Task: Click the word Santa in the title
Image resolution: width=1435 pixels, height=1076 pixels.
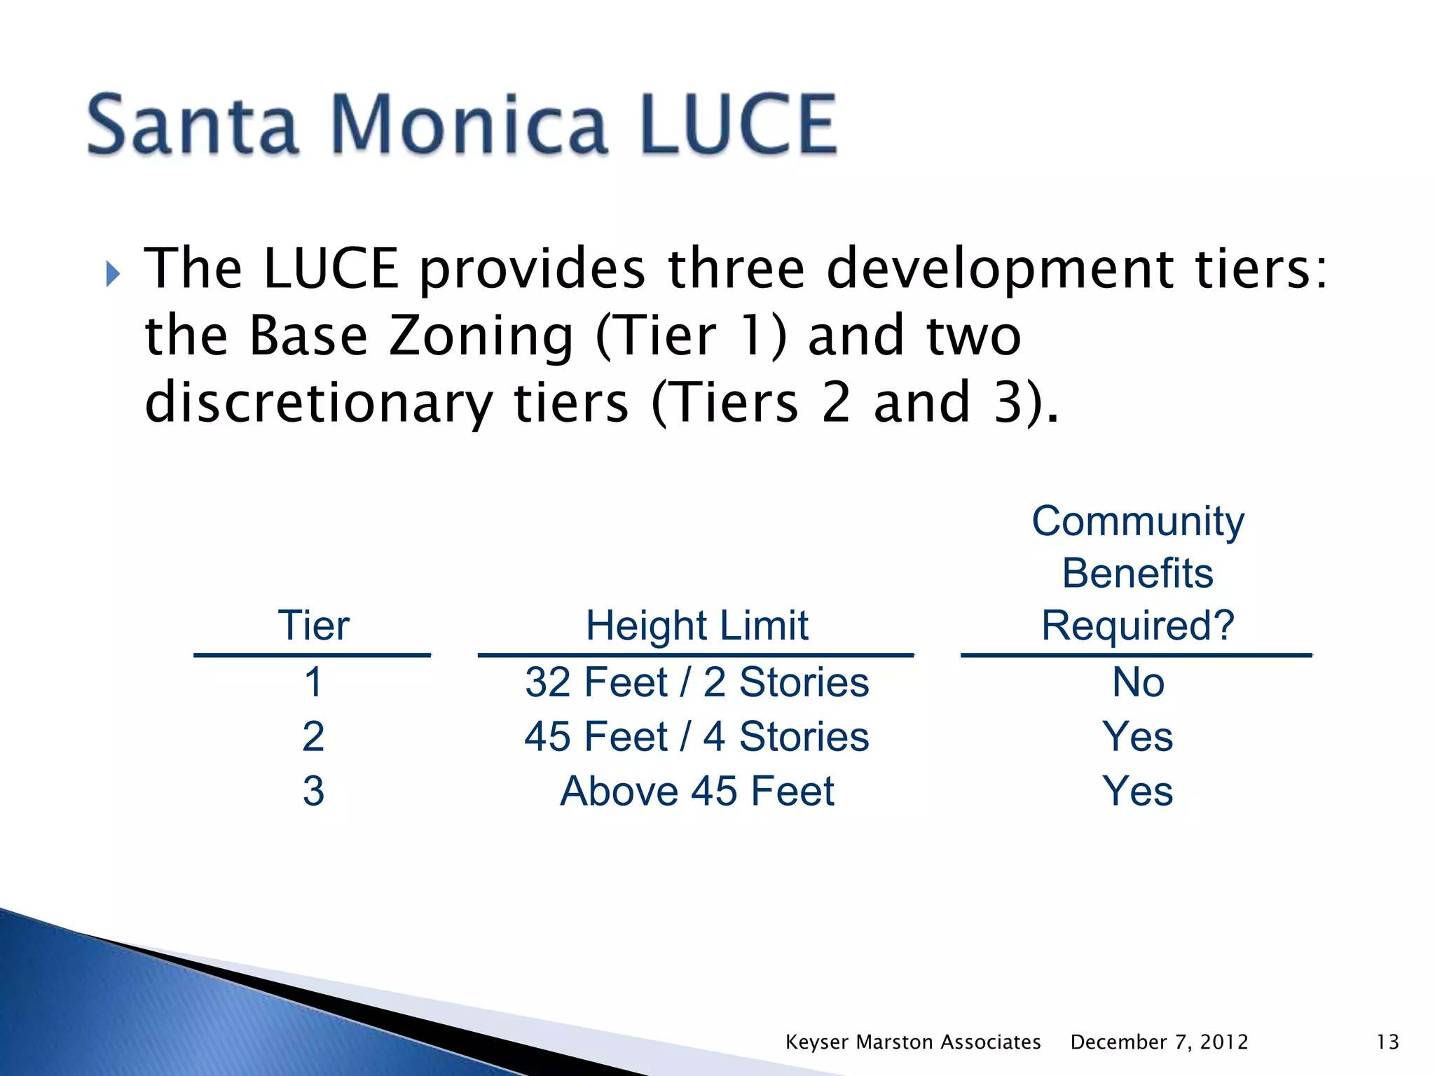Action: [193, 126]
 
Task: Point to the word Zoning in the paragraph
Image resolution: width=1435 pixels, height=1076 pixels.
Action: [481, 336]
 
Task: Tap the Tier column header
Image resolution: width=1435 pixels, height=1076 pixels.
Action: [313, 625]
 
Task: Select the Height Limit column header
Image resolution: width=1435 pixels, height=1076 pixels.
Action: [696, 625]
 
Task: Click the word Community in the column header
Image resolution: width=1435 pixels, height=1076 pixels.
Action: [1138, 521]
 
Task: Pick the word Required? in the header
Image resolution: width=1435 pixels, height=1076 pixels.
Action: [1138, 625]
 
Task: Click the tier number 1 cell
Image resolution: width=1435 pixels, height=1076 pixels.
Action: [313, 682]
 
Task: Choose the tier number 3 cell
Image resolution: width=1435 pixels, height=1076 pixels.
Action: [313, 791]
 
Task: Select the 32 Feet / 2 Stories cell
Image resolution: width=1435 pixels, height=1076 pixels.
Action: [696, 682]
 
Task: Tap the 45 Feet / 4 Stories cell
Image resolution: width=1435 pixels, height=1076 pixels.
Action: [696, 737]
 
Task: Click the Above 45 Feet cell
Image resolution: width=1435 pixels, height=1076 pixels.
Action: [696, 791]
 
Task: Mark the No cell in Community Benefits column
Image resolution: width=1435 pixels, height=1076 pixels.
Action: [1138, 682]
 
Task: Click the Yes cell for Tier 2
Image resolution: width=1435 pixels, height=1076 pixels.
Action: [1138, 737]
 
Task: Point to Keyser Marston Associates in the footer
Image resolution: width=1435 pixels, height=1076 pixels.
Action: [912, 1042]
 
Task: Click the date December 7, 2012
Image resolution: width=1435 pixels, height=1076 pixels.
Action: [1159, 1042]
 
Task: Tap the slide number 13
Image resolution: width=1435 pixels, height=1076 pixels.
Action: [1387, 1042]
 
